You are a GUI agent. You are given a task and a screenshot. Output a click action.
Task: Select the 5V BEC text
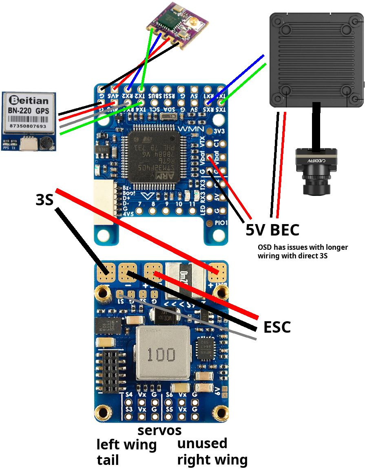coord(272,230)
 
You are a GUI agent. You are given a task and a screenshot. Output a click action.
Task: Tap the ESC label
coord(277,327)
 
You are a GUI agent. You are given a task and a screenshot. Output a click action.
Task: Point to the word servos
coord(159,430)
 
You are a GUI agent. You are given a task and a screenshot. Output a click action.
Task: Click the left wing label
coord(126,445)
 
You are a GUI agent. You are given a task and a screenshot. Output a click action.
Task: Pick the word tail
coord(108,460)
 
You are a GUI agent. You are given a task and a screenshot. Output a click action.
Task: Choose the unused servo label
coord(202,443)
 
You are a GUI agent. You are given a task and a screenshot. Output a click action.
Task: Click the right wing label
coord(212,460)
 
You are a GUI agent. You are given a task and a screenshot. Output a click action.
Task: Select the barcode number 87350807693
coord(28,127)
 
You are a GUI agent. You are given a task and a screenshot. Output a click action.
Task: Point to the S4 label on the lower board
coord(129,395)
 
